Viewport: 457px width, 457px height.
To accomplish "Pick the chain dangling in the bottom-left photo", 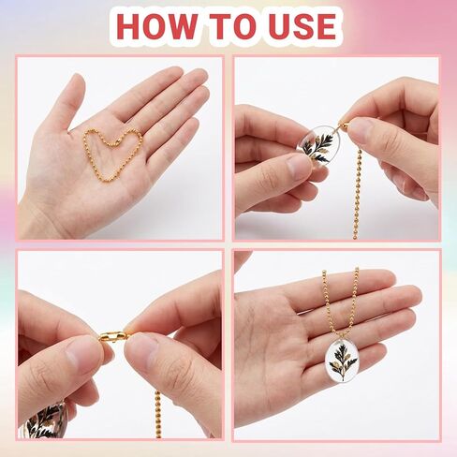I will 157,393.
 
